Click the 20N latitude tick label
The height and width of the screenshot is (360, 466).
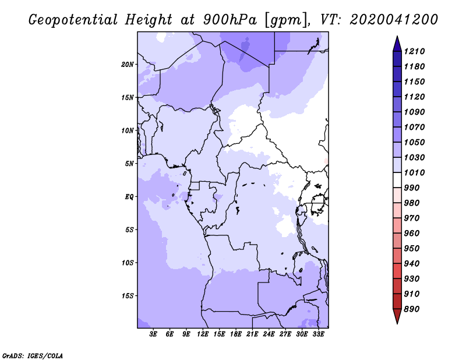[x=128, y=65]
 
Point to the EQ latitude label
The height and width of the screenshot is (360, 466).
[x=129, y=197]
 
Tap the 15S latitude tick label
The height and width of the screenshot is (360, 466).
[x=128, y=296]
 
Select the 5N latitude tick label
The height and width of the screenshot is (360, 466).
[x=129, y=164]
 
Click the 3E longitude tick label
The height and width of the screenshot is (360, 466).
[x=153, y=334]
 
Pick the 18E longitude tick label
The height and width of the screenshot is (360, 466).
[x=236, y=334]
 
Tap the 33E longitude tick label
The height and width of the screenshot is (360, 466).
[x=318, y=334]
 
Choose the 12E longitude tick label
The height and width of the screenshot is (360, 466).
[x=203, y=334]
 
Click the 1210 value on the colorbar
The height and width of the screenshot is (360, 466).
[x=414, y=51]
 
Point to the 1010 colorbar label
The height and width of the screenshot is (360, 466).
[x=414, y=172]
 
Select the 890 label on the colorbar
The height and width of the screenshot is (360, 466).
[x=412, y=309]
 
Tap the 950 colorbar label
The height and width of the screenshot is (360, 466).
[x=412, y=249]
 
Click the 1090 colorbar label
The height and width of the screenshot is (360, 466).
[x=414, y=112]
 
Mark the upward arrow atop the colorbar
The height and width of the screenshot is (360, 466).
[x=397, y=44]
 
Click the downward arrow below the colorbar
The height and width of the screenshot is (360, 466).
[x=397, y=316]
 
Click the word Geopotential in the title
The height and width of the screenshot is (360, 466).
[x=73, y=20]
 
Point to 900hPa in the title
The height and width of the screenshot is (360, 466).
[x=230, y=20]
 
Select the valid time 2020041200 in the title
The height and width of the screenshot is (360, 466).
[x=394, y=20]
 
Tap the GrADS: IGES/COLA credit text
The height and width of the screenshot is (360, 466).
[x=33, y=356]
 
